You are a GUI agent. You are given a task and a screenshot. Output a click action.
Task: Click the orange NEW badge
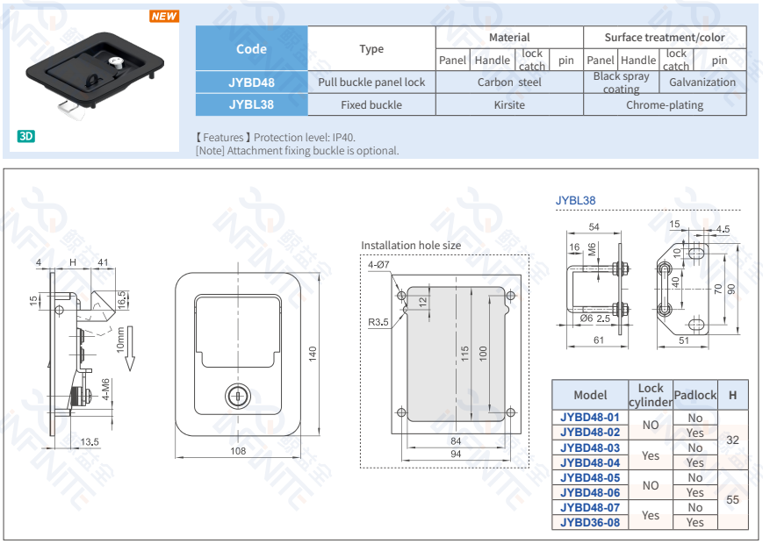click(163, 16)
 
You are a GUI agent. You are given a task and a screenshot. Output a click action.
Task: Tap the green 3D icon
click(25, 136)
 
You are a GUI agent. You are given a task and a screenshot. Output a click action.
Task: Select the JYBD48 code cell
click(251, 82)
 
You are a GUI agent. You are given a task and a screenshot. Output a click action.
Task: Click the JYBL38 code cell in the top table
click(251, 104)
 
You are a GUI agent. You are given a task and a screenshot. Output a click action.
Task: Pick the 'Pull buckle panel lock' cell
click(371, 82)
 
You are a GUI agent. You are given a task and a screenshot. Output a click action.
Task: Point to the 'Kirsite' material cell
click(509, 104)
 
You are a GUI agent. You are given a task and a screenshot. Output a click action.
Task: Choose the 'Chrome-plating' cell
click(665, 104)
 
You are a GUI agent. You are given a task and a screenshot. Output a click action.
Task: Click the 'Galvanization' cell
click(702, 82)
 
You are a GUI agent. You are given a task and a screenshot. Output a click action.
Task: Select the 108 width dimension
click(237, 451)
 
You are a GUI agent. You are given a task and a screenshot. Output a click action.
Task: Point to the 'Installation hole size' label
click(411, 246)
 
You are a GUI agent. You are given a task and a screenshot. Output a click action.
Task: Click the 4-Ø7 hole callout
click(379, 264)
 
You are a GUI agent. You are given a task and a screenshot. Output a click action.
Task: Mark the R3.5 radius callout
click(378, 322)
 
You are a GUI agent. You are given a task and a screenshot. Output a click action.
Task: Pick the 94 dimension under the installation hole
click(456, 454)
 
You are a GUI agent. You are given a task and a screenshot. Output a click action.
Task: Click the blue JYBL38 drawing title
click(575, 200)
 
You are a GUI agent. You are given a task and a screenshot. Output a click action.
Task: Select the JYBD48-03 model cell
click(590, 447)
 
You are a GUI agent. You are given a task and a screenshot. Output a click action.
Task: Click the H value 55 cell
click(733, 500)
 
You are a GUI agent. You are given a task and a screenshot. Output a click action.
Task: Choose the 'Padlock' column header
click(695, 395)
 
